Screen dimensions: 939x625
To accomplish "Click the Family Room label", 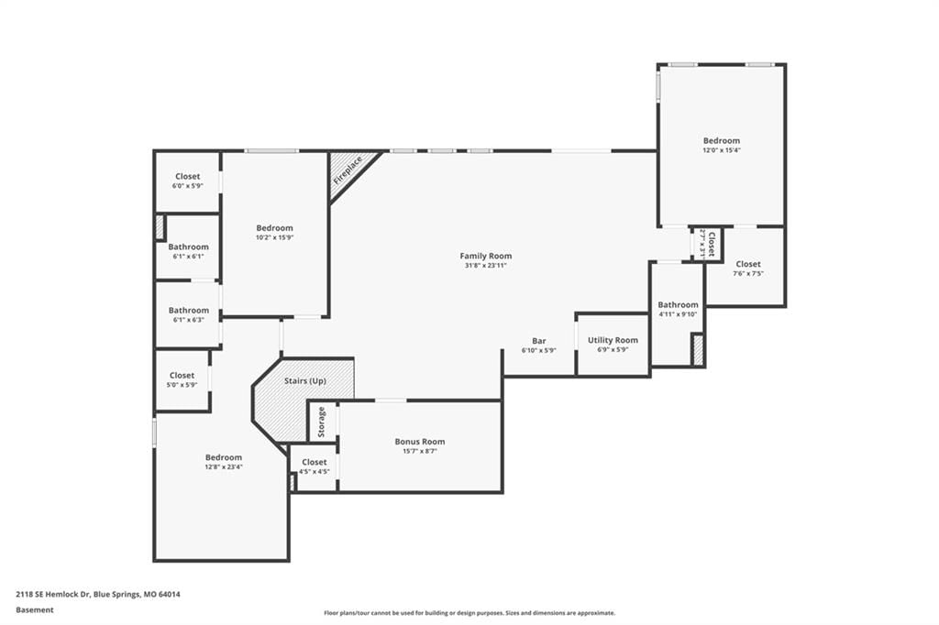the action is tap(486, 256).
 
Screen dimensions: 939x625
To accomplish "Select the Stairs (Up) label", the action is tap(304, 380).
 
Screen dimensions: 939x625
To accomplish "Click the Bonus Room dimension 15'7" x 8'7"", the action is tap(420, 452).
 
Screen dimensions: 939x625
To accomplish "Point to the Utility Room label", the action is tap(613, 340).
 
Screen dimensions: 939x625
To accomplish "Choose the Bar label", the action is tap(539, 341).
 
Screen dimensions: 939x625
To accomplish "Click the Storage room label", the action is tap(322, 422).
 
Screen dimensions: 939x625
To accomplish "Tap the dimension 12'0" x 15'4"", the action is tap(722, 150).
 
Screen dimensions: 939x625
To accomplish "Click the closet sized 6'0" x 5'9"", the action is tap(187, 181).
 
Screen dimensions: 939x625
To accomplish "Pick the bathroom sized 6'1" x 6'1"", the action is tap(188, 247).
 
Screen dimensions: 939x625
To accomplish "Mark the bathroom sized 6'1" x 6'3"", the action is tap(188, 314).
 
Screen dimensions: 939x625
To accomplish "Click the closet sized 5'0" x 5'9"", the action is tap(182, 380).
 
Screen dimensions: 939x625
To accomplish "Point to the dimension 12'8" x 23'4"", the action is tap(224, 467).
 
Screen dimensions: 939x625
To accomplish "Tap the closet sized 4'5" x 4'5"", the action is tap(314, 467).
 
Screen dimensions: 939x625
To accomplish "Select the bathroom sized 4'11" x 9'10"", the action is tap(678, 313).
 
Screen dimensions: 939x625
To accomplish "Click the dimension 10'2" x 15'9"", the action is tap(275, 237).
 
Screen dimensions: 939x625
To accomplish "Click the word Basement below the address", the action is tap(35, 610).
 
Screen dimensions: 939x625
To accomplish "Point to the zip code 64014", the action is tap(169, 595).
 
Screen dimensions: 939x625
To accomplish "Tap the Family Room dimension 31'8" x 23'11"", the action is tap(486, 265).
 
